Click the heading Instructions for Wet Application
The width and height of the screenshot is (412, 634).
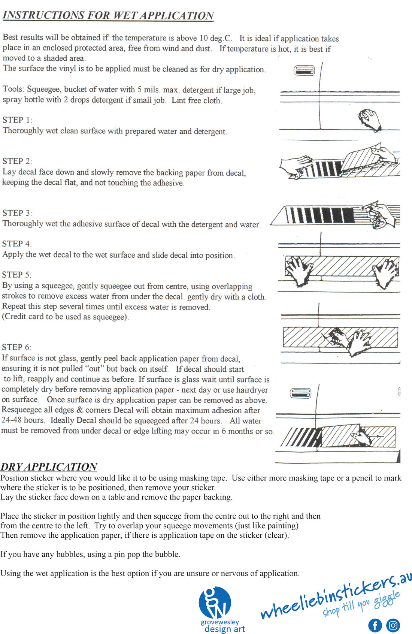coord(108,15)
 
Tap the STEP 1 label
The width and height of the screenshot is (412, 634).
coord(17,120)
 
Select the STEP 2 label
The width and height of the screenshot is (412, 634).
coord(17,161)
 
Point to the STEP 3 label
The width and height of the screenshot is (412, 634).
coord(17,213)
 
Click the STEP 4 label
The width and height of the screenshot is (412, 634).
coord(17,244)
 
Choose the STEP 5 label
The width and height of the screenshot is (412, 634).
coord(17,275)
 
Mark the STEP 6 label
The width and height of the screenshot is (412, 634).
coord(17,347)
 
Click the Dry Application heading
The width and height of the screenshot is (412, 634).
coord(49,467)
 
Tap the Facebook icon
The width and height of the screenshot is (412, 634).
coord(375,625)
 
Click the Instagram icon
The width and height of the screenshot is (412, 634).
coord(393,625)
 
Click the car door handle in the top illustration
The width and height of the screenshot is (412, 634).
coord(304,70)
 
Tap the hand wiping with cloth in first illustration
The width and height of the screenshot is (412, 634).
coord(369,119)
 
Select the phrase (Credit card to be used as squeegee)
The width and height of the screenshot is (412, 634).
coord(65,317)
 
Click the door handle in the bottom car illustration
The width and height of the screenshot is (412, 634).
coord(301,393)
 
